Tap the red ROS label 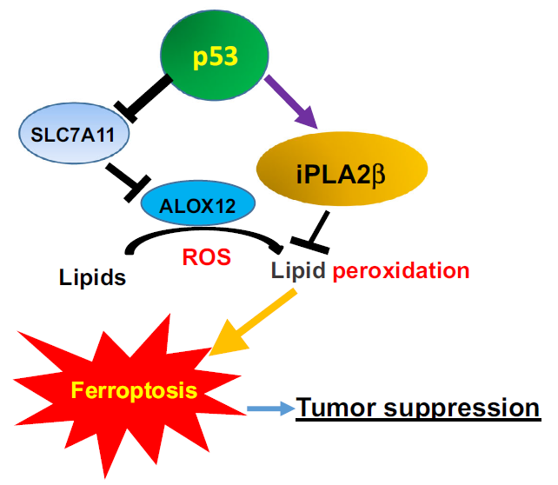[206, 257]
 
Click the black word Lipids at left [92, 278]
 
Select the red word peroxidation [402, 270]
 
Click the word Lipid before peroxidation [299, 270]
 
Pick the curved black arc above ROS [204, 233]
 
